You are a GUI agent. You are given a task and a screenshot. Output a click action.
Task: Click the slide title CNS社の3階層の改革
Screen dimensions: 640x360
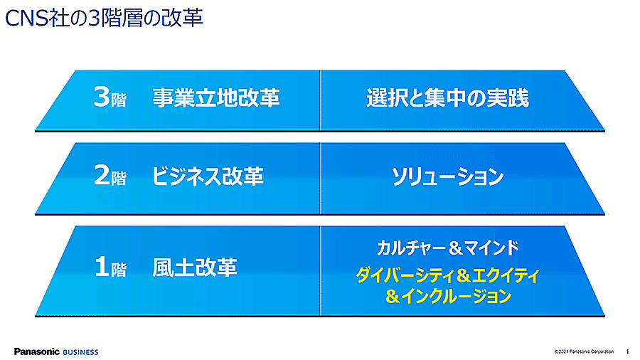(104, 18)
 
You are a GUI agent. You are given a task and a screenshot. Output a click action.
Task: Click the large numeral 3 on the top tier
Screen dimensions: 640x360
(102, 97)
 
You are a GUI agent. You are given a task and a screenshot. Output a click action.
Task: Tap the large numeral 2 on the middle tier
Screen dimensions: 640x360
(102, 175)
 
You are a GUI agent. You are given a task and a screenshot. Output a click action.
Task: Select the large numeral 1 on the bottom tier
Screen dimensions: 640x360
(102, 267)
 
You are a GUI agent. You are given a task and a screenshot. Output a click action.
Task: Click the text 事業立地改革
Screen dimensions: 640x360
(216, 97)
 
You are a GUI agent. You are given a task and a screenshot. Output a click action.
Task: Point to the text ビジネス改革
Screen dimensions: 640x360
(208, 176)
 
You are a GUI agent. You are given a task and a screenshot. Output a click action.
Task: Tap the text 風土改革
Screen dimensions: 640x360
(194, 268)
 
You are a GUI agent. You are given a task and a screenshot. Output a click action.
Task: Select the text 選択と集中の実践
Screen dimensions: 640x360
(447, 98)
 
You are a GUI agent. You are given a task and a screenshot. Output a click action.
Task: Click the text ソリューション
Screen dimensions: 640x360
(447, 176)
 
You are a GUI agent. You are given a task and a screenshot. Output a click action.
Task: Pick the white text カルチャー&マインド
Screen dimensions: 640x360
(448, 248)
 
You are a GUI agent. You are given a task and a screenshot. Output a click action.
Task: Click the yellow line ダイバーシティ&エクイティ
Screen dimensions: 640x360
(448, 275)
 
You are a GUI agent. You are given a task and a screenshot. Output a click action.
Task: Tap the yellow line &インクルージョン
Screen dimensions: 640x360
(448, 296)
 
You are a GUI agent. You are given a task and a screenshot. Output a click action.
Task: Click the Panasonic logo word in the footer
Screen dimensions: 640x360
(37, 351)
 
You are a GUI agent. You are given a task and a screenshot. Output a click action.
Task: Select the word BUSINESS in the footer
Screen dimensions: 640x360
(80, 352)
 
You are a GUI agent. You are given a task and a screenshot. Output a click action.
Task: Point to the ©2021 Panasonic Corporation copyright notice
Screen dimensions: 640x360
(584, 351)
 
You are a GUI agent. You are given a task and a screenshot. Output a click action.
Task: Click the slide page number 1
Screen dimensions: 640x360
(627, 351)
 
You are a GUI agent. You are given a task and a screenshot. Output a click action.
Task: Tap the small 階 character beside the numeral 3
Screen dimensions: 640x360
(118, 100)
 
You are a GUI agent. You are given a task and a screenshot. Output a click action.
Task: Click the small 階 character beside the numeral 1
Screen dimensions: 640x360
(118, 270)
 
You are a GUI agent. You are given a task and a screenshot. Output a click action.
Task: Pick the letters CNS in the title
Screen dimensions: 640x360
(26, 18)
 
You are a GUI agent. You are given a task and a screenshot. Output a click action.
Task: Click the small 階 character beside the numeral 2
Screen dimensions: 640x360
(118, 178)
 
